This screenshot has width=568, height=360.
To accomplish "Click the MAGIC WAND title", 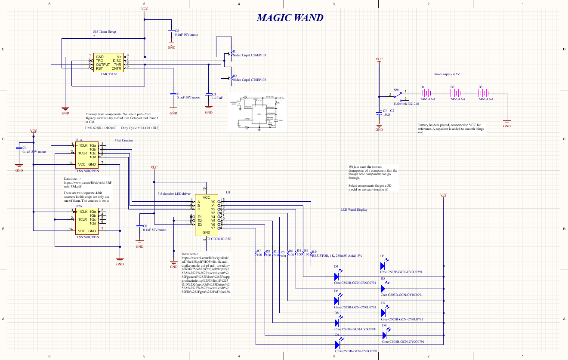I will (x=290, y=18).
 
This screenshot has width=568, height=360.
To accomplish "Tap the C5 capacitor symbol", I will (x=171, y=31).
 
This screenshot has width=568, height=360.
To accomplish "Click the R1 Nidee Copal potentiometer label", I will (x=249, y=55).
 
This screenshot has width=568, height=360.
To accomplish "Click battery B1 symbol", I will (x=425, y=93).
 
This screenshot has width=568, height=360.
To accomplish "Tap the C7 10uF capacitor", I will (x=379, y=114).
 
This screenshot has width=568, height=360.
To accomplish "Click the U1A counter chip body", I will (x=87, y=155).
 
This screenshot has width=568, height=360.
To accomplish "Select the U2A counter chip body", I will (x=87, y=221).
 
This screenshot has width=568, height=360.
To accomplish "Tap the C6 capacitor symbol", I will (x=139, y=227).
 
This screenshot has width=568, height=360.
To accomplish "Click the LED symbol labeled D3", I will (x=383, y=266).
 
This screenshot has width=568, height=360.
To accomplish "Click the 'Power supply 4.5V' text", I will (x=446, y=74).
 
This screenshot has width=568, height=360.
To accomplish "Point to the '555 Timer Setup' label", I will (x=105, y=32).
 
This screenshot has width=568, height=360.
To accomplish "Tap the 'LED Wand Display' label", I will (x=354, y=210).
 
